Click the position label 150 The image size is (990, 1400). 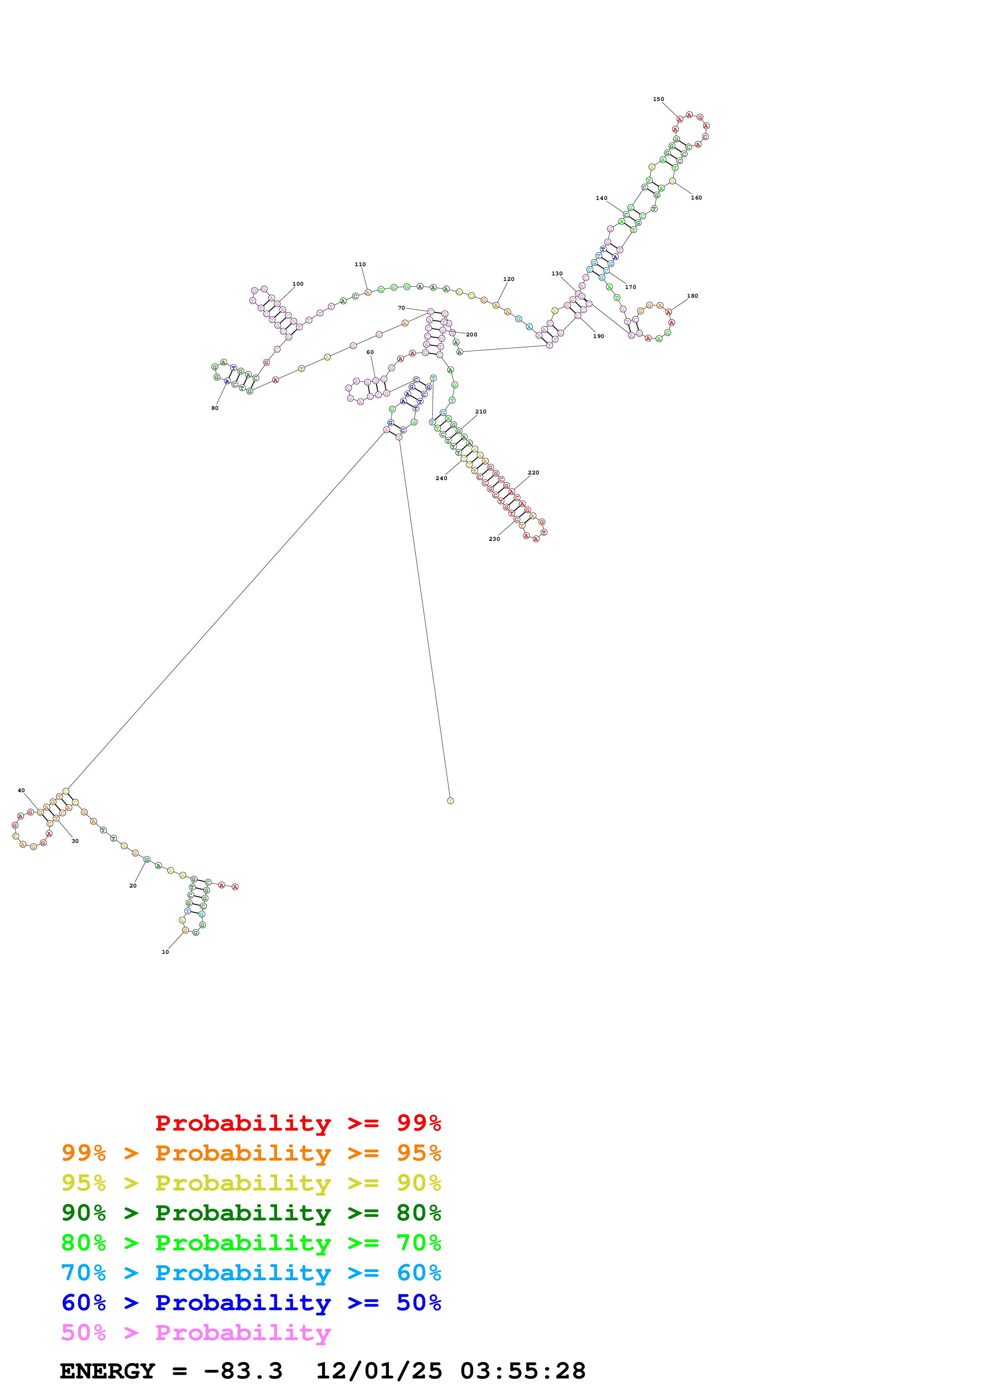pyautogui.click(x=658, y=99)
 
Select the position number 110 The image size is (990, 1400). pyautogui.click(x=360, y=265)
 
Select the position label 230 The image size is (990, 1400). pyautogui.click(x=494, y=539)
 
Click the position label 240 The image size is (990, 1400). pyautogui.click(x=441, y=479)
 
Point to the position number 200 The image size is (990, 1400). pyautogui.click(x=472, y=335)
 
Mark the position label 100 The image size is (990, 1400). pyautogui.click(x=298, y=284)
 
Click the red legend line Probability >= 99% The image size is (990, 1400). pyautogui.click(x=298, y=1123)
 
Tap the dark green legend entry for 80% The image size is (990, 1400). pyautogui.click(x=251, y=1213)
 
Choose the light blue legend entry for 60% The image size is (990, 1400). pyautogui.click(x=251, y=1273)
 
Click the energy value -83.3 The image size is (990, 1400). pyautogui.click(x=243, y=1371)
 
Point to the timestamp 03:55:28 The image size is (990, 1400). pyautogui.click(x=523, y=1371)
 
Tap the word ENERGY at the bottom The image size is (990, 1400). pyautogui.click(x=107, y=1371)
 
